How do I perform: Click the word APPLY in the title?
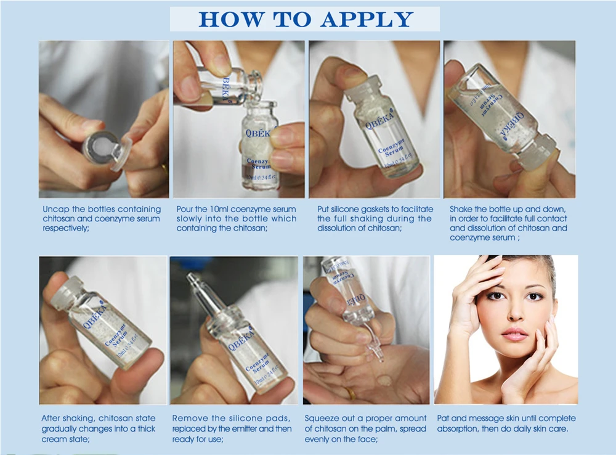click(x=367, y=19)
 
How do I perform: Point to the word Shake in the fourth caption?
click(x=461, y=209)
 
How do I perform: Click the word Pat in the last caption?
click(x=443, y=419)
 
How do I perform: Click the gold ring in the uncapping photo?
click(x=164, y=170)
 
